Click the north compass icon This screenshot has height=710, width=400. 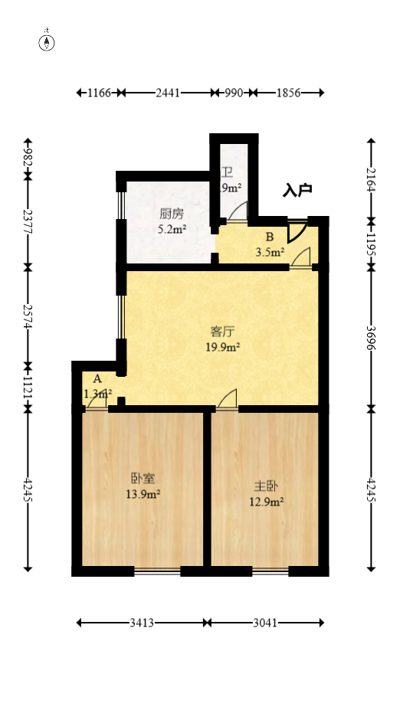coord(48,41)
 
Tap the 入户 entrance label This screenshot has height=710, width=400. coord(297,190)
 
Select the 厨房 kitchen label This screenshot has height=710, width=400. coord(172,214)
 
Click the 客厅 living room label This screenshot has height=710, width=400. coord(221,332)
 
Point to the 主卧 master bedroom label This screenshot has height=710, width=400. coord(266,486)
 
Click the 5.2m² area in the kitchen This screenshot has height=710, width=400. coord(172,229)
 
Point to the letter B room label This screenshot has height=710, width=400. coord(270,237)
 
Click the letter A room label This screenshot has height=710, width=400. coord(97,378)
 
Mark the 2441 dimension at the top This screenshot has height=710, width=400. coord(167,93)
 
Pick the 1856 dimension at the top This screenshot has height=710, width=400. coord(287,93)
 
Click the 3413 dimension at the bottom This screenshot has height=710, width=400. coord(142,623)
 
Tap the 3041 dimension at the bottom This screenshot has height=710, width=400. coord(265,623)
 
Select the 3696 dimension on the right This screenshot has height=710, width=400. coord(372,337)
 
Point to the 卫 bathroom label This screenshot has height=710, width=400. coord(228,172)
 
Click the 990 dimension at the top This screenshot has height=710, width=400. coord(233,93)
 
